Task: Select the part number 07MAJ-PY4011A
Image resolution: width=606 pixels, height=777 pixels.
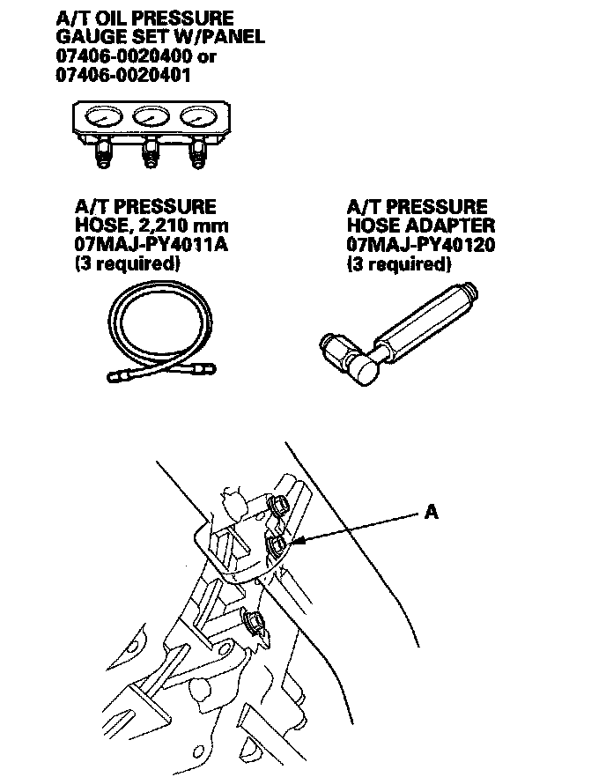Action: tap(151, 244)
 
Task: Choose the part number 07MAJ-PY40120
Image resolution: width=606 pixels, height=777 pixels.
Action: tap(420, 244)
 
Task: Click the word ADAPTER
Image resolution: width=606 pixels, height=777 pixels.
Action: tap(448, 226)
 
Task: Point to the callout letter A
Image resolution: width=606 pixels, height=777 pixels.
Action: tap(432, 511)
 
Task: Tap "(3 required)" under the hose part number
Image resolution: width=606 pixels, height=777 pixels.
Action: tap(127, 263)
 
